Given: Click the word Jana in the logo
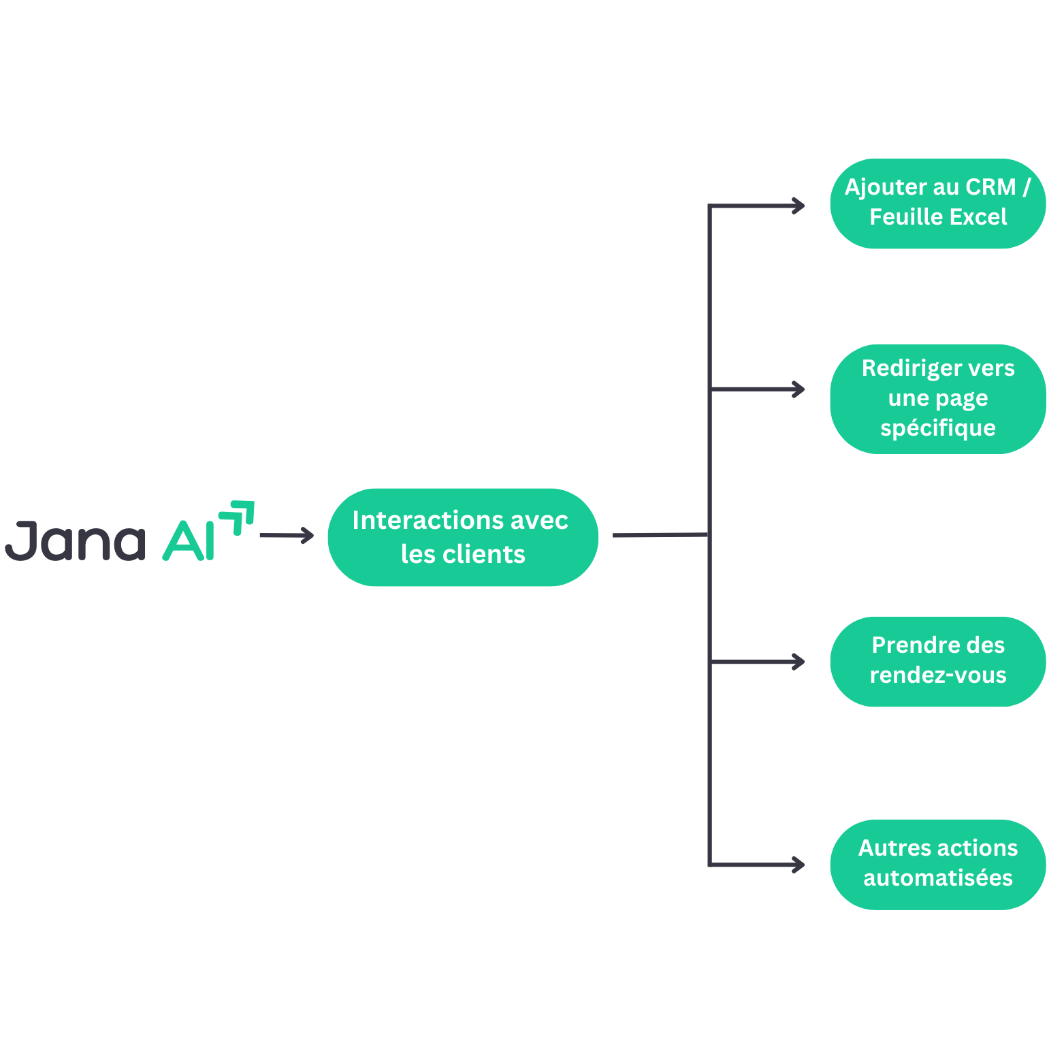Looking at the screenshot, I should click(x=75, y=541).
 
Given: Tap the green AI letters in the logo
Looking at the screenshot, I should click(x=189, y=541).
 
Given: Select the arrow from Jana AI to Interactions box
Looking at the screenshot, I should click(x=286, y=536).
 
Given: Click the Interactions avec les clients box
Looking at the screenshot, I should click(x=463, y=537).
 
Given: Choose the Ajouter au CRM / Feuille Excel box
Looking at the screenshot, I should click(x=937, y=204).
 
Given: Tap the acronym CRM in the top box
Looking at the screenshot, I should click(x=990, y=187).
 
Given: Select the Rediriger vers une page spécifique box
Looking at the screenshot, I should click(x=937, y=398).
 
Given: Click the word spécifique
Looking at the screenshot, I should click(x=937, y=428).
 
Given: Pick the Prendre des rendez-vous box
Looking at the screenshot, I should click(x=937, y=661).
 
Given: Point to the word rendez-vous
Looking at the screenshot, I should click(x=937, y=675).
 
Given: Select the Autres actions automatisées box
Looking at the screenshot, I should click(x=937, y=864).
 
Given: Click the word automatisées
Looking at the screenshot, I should click(x=937, y=878).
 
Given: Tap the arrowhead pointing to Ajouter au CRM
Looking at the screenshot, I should click(x=799, y=206).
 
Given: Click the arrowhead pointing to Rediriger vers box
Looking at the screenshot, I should click(x=799, y=389).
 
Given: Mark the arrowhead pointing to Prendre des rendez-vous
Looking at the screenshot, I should click(x=799, y=662).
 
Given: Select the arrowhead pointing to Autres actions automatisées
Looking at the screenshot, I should click(x=799, y=865).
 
